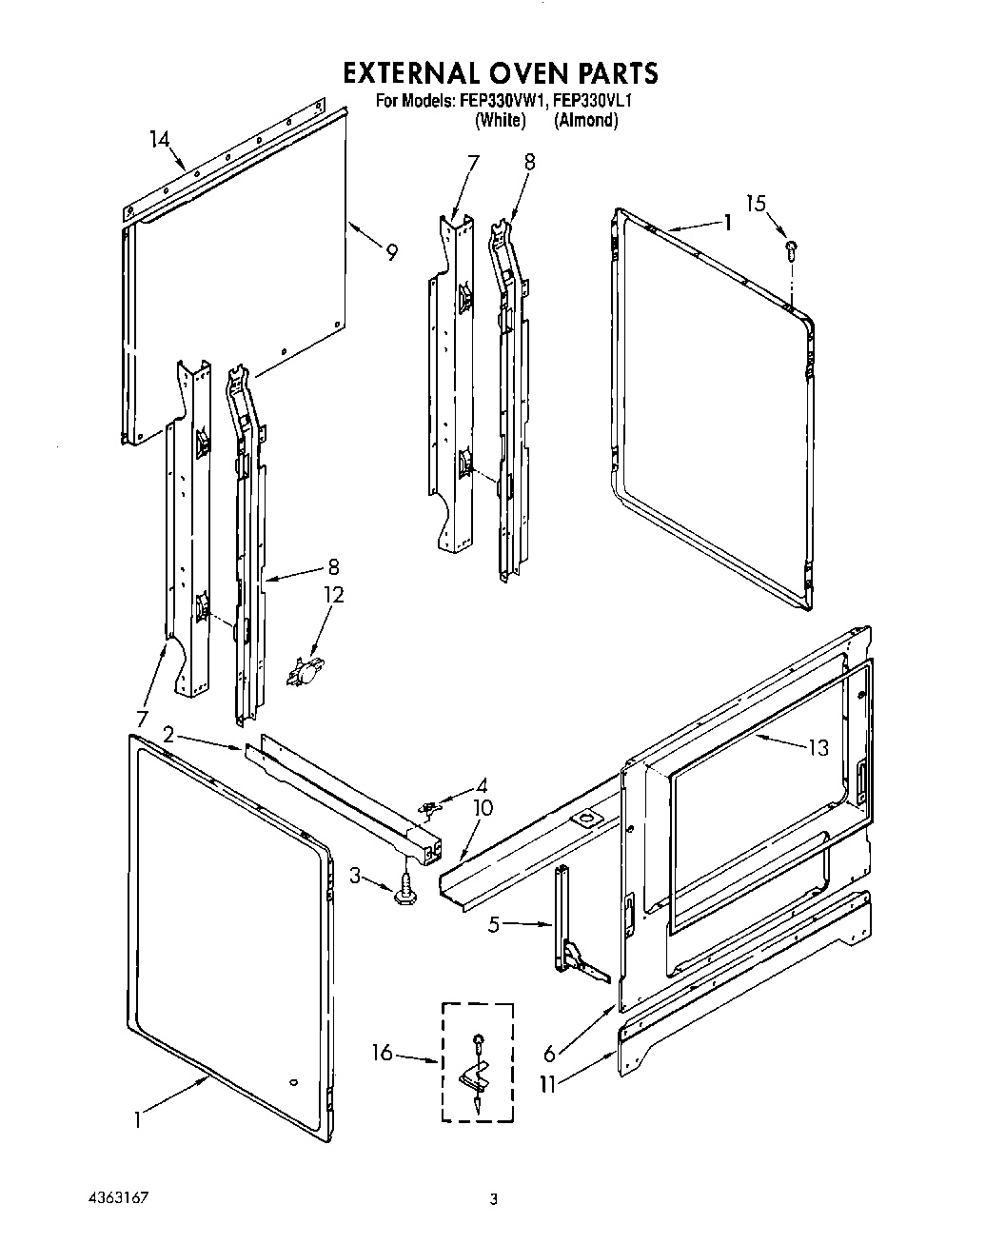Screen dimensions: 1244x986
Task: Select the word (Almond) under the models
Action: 586,120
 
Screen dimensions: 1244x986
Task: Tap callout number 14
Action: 160,140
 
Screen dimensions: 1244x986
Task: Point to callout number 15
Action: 756,203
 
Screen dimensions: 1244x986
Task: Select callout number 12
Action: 333,594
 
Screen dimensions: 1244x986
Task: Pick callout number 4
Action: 482,785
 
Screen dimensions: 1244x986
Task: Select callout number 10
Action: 483,809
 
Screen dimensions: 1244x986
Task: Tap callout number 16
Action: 382,1052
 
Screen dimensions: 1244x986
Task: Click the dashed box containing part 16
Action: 477,1061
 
